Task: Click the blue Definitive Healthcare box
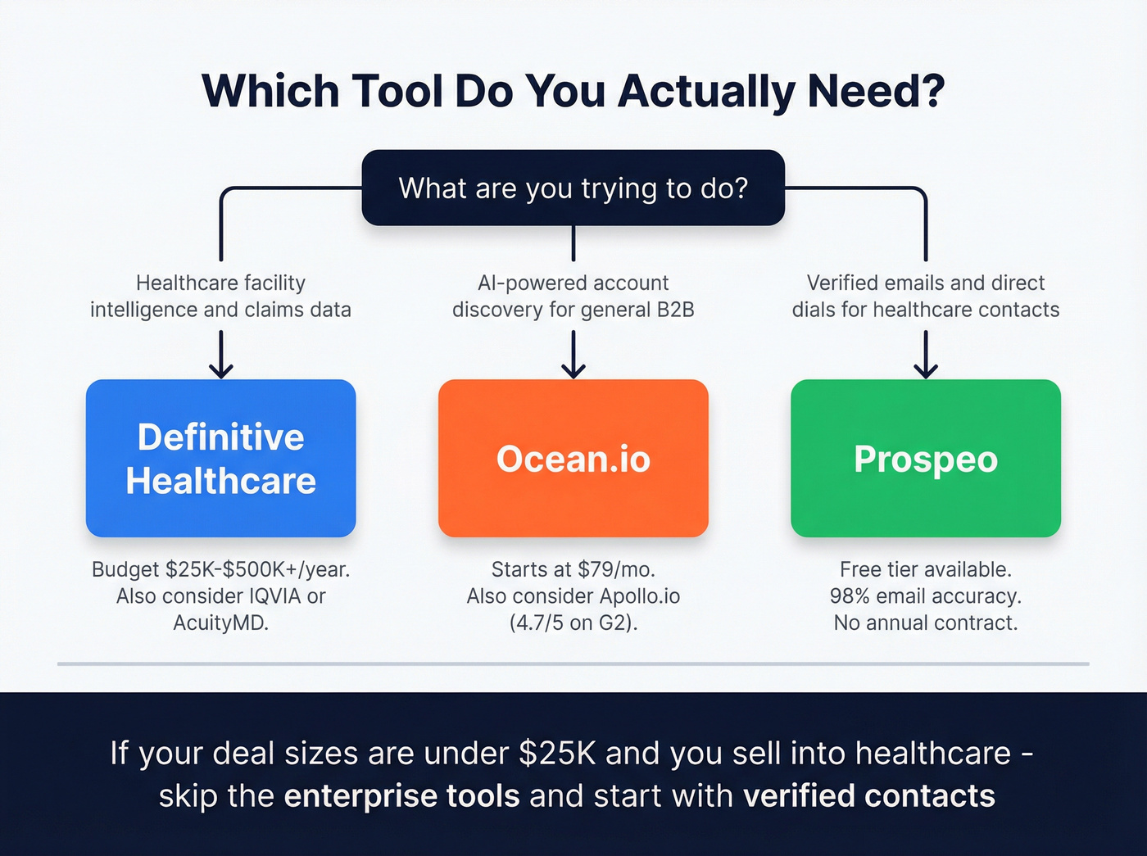click(x=220, y=458)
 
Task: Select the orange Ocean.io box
click(x=573, y=458)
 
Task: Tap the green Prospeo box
click(x=925, y=458)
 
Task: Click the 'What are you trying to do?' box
click(x=573, y=188)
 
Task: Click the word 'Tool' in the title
click(x=397, y=91)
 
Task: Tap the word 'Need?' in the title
click(x=876, y=91)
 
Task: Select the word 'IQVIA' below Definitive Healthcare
click(x=266, y=596)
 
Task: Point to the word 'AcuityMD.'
click(x=221, y=623)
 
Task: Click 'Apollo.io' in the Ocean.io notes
click(x=640, y=596)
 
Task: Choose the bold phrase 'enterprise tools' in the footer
click(x=401, y=796)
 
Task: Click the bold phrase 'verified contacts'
click(x=869, y=796)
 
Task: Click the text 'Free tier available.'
click(x=926, y=569)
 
